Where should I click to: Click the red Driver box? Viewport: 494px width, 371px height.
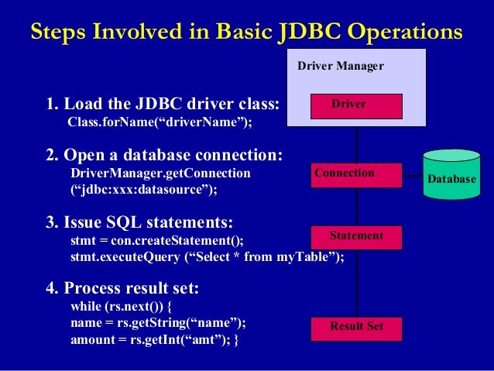tap(356, 105)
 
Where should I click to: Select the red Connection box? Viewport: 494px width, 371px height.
tap(356, 175)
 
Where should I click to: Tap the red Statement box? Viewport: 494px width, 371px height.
tap(356, 237)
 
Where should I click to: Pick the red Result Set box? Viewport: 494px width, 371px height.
tap(356, 328)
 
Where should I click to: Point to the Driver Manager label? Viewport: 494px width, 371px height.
tap(340, 67)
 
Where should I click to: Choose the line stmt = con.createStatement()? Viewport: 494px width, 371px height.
tap(161, 241)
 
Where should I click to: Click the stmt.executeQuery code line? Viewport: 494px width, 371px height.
tap(207, 257)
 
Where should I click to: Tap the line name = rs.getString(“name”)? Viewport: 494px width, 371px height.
tap(158, 323)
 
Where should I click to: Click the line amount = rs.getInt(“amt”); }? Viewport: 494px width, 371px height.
tap(155, 340)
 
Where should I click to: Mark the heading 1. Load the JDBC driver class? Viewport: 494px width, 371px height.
tap(162, 104)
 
